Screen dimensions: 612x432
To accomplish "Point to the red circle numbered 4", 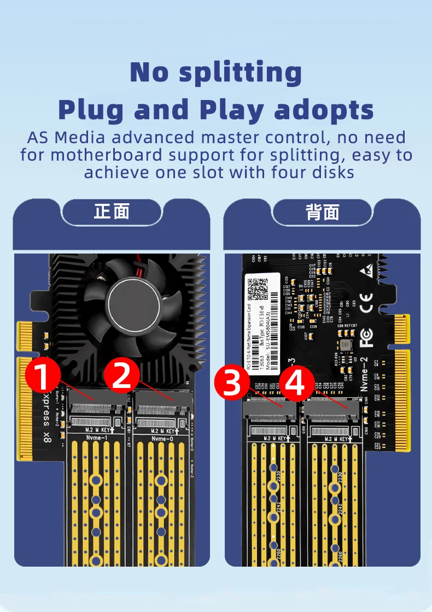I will tap(296, 382).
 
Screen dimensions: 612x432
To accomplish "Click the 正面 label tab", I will tap(112, 211).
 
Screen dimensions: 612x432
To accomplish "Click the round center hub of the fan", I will tap(133, 304).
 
